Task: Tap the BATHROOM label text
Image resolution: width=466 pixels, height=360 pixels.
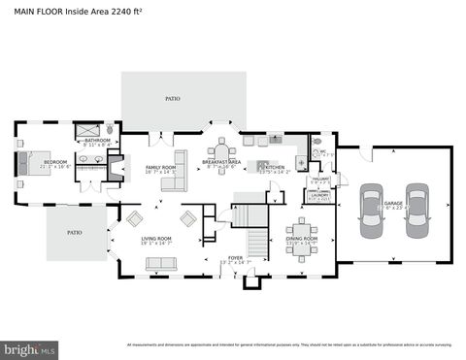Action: coord(97,140)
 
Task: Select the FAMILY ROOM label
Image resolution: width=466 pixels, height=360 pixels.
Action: coord(160,167)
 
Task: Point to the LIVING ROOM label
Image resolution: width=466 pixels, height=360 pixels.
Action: coord(156,238)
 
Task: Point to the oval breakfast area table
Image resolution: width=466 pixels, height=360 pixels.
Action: coord(220,152)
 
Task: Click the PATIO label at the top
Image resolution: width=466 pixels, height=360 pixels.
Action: coord(173,98)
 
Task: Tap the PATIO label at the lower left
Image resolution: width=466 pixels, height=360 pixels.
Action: coord(73,233)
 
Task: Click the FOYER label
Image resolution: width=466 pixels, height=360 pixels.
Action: coord(208,258)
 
